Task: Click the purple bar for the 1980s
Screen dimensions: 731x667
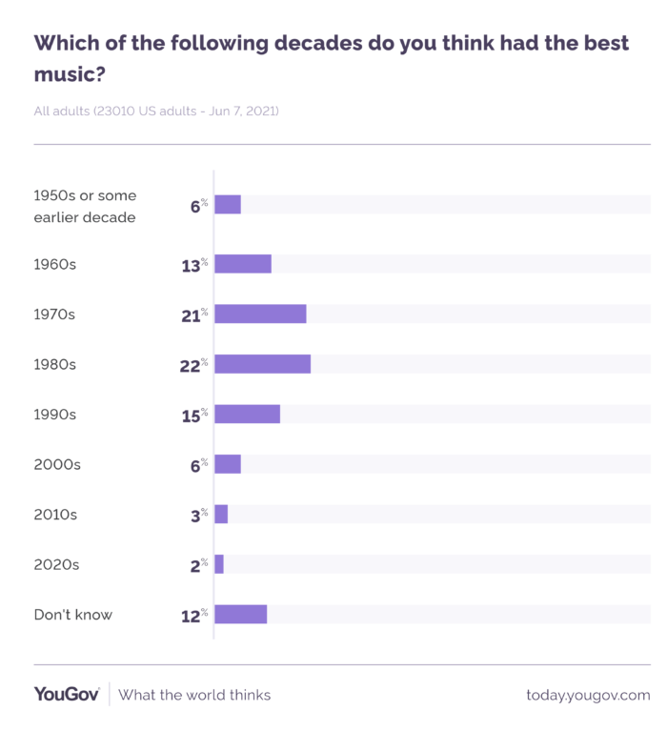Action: [x=262, y=364]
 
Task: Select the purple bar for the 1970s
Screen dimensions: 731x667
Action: [x=260, y=315]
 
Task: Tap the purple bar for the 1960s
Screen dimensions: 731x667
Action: [x=243, y=264]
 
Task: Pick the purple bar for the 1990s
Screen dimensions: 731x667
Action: [x=247, y=414]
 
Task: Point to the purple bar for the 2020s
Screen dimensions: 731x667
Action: [x=219, y=564]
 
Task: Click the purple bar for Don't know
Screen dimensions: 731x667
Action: [x=240, y=614]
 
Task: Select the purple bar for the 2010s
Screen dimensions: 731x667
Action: [x=221, y=515]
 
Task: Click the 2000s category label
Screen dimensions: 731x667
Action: [x=57, y=464]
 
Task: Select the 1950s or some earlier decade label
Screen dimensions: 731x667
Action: [x=85, y=206]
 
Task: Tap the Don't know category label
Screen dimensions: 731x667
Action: [x=72, y=615]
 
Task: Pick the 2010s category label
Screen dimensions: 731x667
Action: [x=55, y=515]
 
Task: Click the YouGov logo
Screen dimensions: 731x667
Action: [x=67, y=695]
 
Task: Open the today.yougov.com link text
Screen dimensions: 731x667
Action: [x=588, y=695]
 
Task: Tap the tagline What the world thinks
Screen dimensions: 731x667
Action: [x=194, y=695]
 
